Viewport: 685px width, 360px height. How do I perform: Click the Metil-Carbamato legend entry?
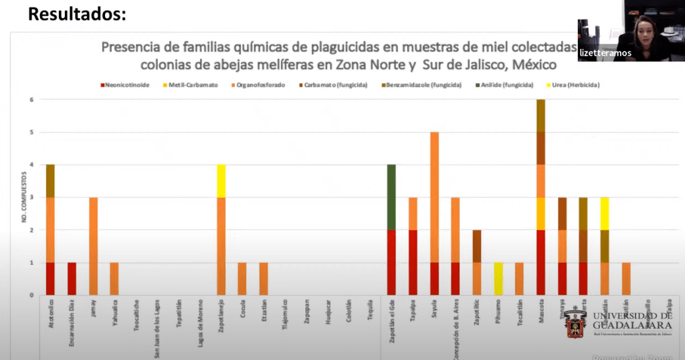pos(196,86)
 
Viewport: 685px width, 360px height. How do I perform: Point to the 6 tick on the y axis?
pos(31,100)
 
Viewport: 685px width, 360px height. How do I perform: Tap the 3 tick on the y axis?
pos(31,197)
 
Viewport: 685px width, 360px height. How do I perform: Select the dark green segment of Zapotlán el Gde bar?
pos(391,197)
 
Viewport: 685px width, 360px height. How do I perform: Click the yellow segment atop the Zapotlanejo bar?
pos(221,181)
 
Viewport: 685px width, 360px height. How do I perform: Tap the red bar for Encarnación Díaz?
pos(72,278)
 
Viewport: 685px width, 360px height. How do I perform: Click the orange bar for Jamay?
pos(93,246)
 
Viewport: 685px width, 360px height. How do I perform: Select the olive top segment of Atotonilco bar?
pos(50,181)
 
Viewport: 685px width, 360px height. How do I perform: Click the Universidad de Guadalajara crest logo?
pos(576,324)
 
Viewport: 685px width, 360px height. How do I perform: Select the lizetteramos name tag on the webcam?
pos(605,53)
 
